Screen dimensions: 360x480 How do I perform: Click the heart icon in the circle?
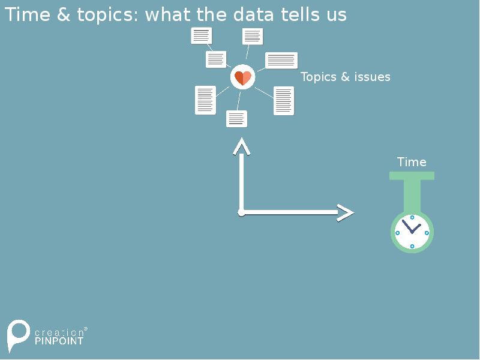tap(243, 77)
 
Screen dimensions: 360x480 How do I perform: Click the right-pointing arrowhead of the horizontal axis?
tap(346, 212)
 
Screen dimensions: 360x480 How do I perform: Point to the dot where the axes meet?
tap(241, 212)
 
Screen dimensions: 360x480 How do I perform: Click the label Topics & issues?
tap(345, 77)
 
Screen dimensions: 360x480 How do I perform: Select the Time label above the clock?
tap(412, 162)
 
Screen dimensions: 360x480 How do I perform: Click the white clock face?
tap(412, 232)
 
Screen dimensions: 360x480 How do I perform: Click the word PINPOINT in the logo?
tap(59, 340)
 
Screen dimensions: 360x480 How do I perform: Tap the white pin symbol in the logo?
tap(18, 334)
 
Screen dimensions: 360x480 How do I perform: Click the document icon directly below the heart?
tap(237, 119)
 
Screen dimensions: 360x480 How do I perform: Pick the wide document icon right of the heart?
tap(281, 60)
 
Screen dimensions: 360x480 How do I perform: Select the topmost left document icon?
tap(202, 35)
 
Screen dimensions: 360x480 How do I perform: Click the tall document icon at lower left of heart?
tap(205, 100)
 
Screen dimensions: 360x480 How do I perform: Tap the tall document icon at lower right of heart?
tap(284, 101)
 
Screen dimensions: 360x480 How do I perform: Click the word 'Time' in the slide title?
tap(28, 14)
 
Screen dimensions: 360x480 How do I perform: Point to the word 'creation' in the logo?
tap(59, 332)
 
